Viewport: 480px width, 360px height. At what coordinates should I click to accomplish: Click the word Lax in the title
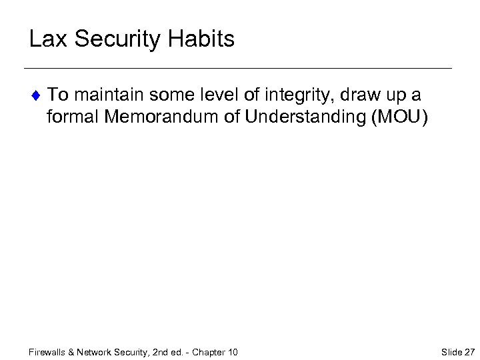tap(48, 39)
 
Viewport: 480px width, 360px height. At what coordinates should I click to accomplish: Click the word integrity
tap(299, 95)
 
